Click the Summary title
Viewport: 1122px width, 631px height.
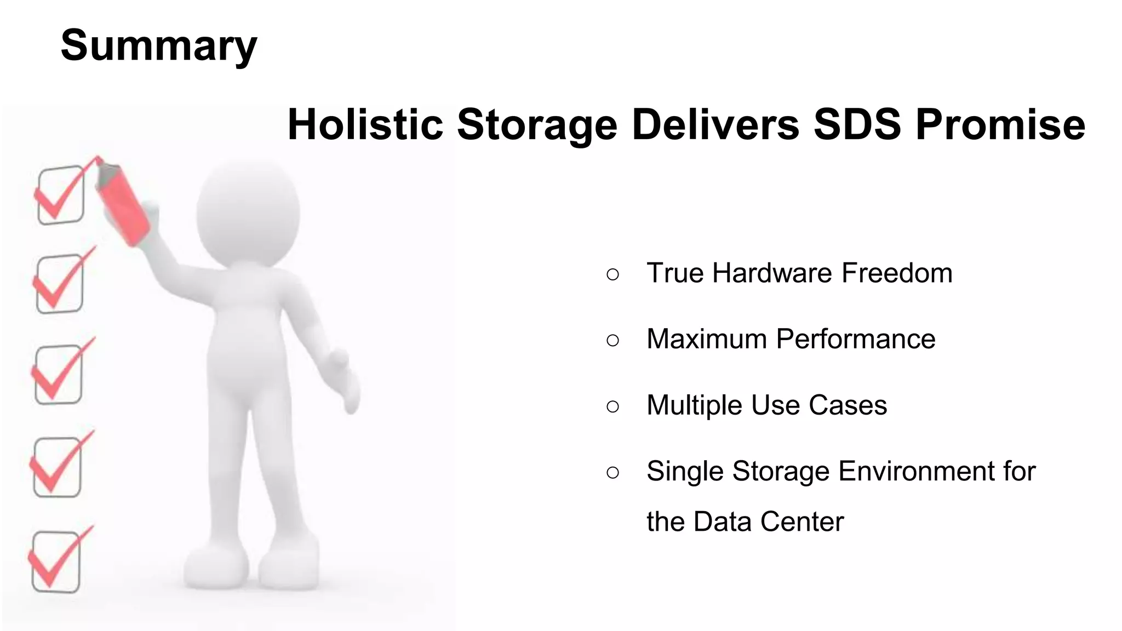158,46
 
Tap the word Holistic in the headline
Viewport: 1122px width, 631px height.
365,125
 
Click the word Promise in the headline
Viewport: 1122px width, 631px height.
1000,125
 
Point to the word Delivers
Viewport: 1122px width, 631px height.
715,125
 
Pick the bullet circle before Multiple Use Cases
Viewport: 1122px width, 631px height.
613,406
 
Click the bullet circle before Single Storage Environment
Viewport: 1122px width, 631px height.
613,472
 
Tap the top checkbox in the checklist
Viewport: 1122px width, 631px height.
60,195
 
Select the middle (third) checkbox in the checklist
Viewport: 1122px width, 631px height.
59,375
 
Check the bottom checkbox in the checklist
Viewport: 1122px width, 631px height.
55,562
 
